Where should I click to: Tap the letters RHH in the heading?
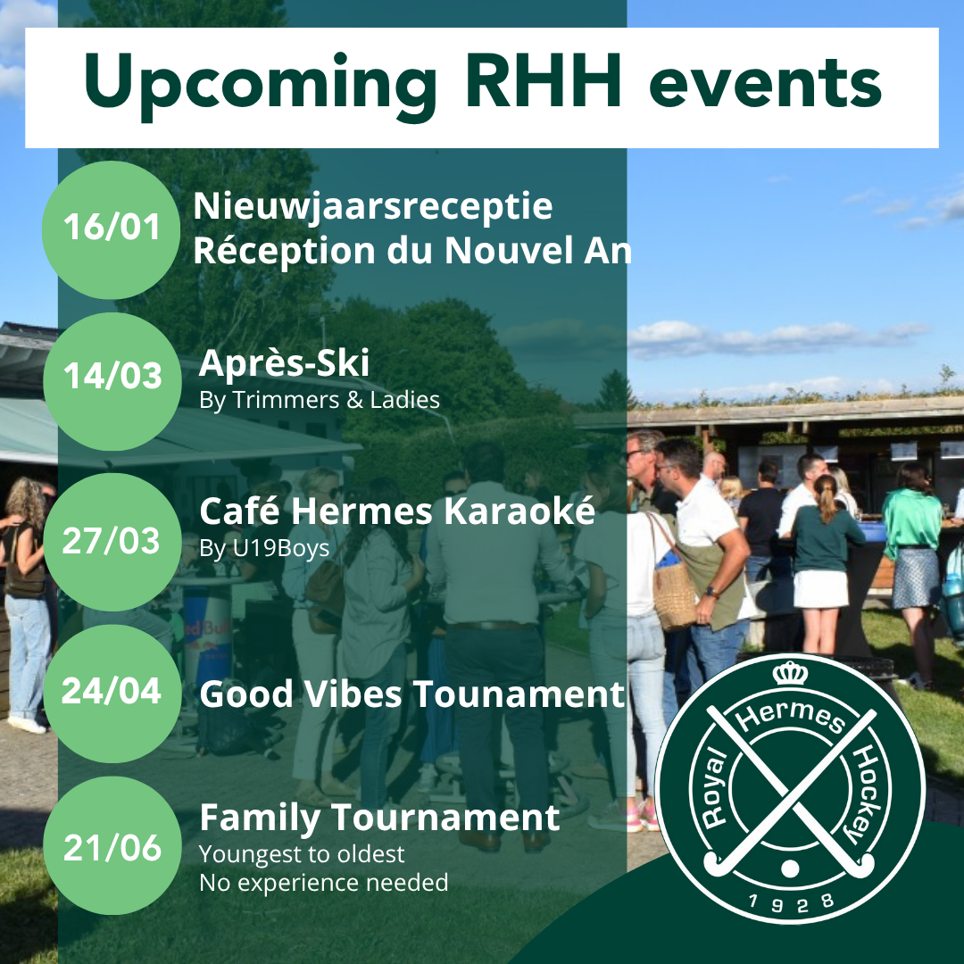(x=543, y=80)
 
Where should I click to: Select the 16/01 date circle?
(x=112, y=230)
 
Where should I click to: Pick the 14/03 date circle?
(x=112, y=381)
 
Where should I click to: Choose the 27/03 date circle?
(x=112, y=542)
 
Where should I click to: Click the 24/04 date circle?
(x=112, y=694)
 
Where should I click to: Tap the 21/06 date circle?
(x=112, y=845)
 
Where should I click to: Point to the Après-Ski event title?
(x=284, y=362)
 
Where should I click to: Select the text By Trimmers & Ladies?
(x=319, y=400)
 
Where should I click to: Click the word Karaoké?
(x=519, y=511)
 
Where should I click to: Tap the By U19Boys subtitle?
(x=264, y=548)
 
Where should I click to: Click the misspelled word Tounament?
(x=519, y=694)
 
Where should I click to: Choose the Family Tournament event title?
(x=379, y=818)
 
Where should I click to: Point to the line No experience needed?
(x=324, y=883)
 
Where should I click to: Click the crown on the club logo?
(x=790, y=673)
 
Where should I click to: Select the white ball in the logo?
(x=790, y=868)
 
